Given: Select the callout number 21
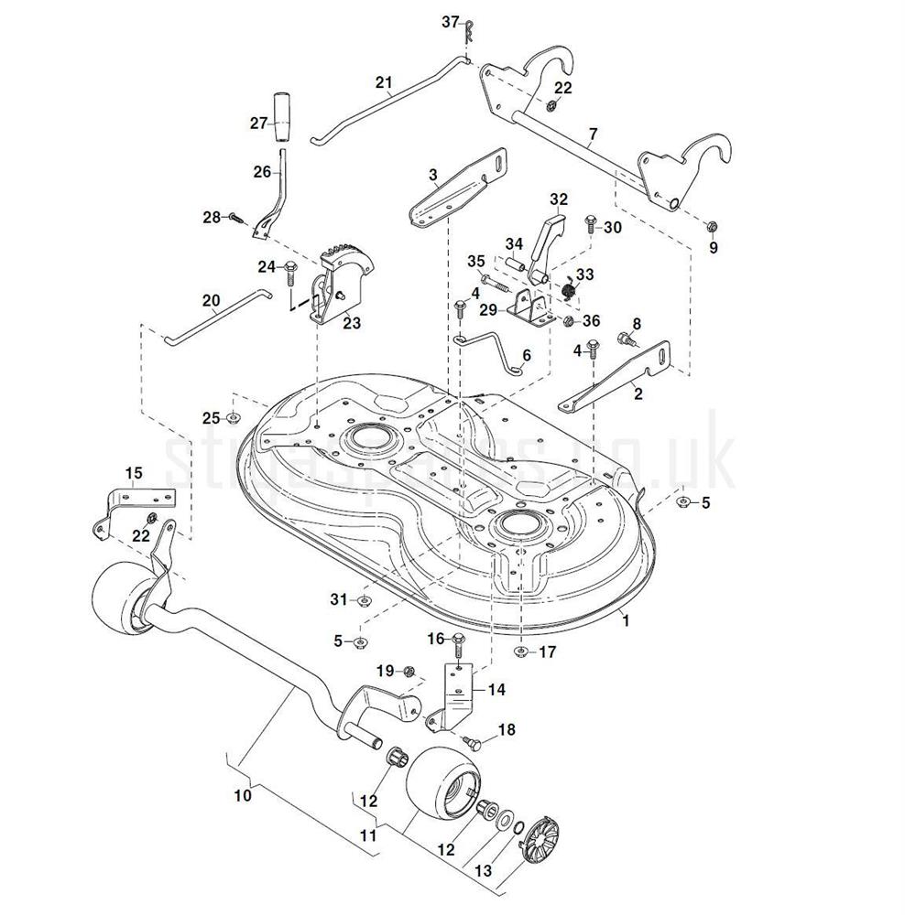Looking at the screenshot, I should (x=384, y=81).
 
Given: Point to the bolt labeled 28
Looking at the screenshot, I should (x=234, y=218).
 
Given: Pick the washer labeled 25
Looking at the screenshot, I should (x=233, y=418).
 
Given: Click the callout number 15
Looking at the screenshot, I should (x=134, y=472).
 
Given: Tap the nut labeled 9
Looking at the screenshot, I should (x=712, y=225).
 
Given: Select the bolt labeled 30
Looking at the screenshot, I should (x=590, y=222).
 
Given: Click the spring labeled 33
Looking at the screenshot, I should (x=569, y=290).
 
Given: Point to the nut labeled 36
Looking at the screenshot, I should (x=567, y=320).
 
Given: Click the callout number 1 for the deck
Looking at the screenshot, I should (x=626, y=619).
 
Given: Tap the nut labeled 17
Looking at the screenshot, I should (x=520, y=652).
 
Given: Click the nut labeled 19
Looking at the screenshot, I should (x=409, y=672).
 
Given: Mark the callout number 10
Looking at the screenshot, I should (x=243, y=795).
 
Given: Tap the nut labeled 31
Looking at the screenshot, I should (x=362, y=600).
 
